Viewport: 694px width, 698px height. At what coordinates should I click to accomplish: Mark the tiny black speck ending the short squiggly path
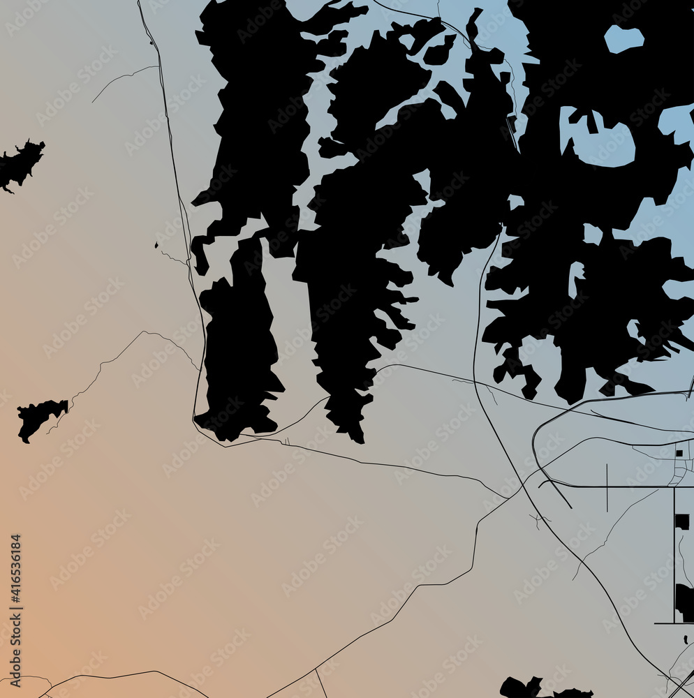156,245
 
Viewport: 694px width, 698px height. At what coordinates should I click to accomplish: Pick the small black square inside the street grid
679,453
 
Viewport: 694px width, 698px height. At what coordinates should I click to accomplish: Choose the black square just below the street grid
681,521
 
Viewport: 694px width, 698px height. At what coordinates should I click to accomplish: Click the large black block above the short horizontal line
684,601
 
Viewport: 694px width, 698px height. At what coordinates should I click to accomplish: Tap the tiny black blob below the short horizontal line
686,639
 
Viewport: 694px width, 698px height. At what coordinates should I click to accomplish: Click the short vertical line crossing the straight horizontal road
607,484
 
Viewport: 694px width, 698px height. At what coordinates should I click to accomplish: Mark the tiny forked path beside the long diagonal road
538,519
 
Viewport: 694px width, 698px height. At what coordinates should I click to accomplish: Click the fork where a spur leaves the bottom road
316,671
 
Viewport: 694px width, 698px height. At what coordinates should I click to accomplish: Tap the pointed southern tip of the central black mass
360,440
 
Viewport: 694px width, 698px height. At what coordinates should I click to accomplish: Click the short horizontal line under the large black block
672,623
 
